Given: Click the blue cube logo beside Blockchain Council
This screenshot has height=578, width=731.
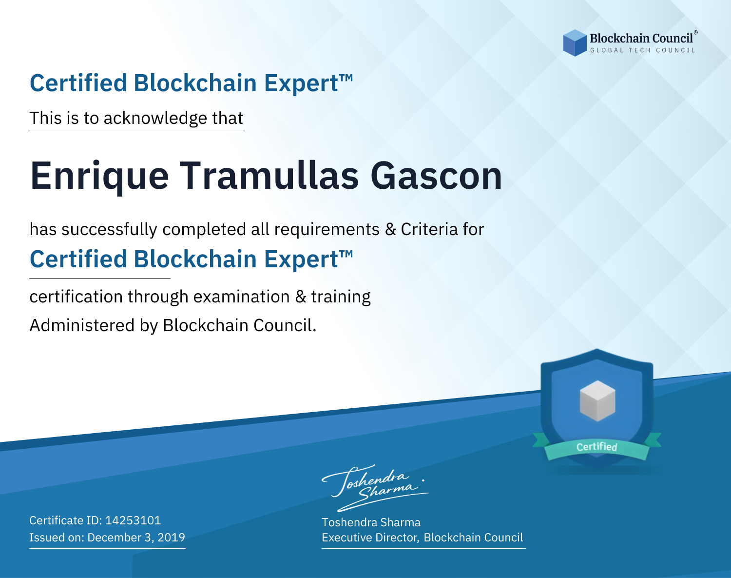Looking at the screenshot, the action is (x=575, y=43).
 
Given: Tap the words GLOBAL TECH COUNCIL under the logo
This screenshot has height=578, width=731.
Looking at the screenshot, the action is (x=642, y=50).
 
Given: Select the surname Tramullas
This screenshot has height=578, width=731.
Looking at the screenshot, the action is (x=269, y=176).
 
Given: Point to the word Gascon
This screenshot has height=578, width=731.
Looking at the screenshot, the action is (x=436, y=176).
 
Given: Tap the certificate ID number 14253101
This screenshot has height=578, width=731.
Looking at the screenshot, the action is (x=133, y=520).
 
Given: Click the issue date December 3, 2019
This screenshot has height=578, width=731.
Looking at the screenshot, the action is (x=136, y=538).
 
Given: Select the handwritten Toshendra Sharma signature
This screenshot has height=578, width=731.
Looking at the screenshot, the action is (x=375, y=488).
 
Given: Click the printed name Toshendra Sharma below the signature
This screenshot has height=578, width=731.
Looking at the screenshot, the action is (x=371, y=522).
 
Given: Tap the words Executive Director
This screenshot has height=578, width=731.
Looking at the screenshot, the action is (x=369, y=538).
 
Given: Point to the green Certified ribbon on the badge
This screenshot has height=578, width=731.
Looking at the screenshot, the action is (x=597, y=447).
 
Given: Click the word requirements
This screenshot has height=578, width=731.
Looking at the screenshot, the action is (x=327, y=230).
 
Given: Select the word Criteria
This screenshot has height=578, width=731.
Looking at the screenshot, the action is (x=429, y=229).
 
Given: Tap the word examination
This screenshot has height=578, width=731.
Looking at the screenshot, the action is (x=242, y=297).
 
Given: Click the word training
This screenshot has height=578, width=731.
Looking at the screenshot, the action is (x=341, y=297).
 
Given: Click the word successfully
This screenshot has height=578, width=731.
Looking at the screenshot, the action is (x=109, y=230).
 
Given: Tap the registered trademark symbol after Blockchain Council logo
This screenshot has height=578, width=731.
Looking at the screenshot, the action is (x=696, y=32).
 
